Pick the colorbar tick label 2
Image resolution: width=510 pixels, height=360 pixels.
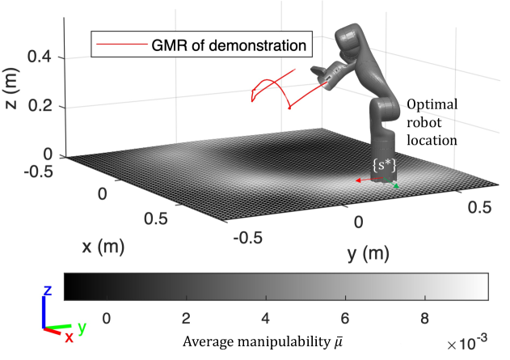[188, 317]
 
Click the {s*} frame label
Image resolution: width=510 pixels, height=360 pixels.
[382, 164]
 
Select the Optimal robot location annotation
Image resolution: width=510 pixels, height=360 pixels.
[432, 122]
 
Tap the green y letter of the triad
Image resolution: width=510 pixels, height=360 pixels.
[82, 331]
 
